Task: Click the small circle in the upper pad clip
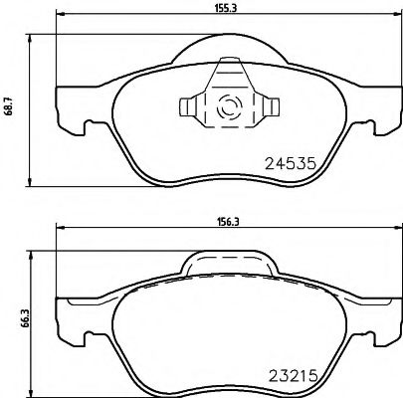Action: (227, 104)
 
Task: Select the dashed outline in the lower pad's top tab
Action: (229, 267)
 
